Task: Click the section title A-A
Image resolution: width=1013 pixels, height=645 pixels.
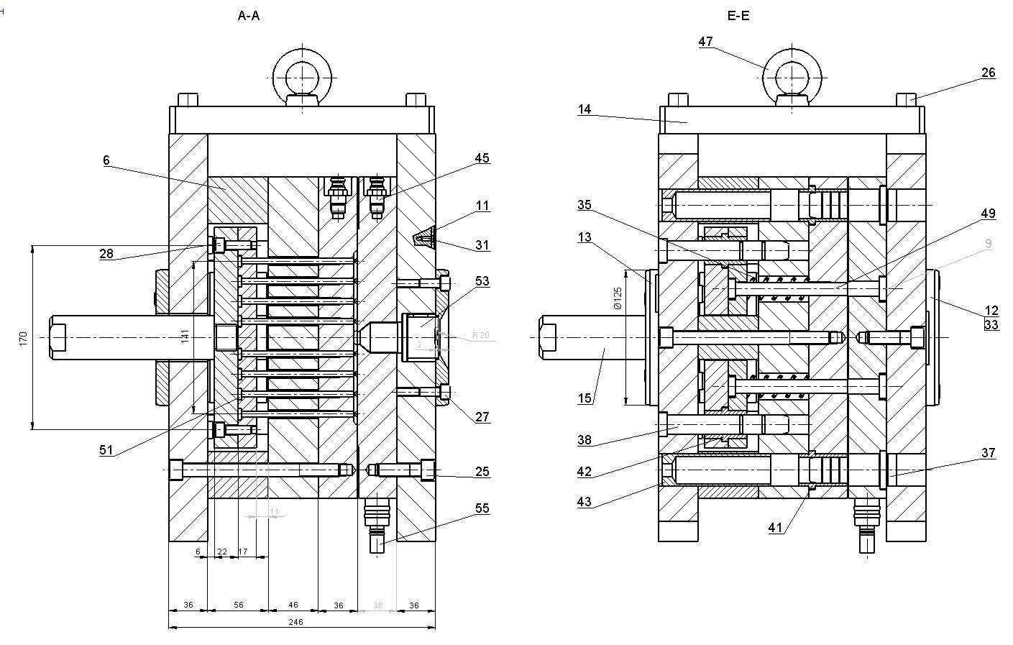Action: click(x=249, y=15)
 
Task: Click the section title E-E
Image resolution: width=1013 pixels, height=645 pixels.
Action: click(x=738, y=15)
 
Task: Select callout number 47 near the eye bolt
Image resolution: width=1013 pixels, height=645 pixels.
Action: click(x=705, y=42)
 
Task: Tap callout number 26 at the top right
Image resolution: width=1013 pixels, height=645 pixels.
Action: click(x=988, y=73)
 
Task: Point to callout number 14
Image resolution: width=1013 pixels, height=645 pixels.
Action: click(x=584, y=109)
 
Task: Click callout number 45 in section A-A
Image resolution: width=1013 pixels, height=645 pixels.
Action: click(x=482, y=158)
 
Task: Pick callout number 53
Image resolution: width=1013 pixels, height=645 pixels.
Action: click(x=482, y=280)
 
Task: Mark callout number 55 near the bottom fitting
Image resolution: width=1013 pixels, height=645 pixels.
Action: click(x=482, y=508)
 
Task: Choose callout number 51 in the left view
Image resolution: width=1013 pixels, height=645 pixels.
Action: click(x=106, y=450)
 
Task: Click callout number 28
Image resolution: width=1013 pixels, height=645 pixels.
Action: click(x=106, y=253)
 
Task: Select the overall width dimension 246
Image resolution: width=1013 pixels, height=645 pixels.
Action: click(x=295, y=622)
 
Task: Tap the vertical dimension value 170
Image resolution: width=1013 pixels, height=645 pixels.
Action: click(x=23, y=337)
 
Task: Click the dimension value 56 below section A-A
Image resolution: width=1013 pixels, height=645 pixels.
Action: click(x=238, y=605)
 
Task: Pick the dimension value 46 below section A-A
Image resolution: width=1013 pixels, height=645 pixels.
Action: click(x=293, y=605)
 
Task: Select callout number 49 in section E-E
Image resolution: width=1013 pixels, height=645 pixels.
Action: click(x=988, y=214)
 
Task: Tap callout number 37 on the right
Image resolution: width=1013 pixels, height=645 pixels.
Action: click(x=988, y=452)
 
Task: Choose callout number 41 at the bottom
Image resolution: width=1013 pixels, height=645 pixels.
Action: click(x=775, y=527)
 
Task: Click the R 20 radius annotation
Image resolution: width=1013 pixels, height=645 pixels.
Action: click(x=480, y=335)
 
